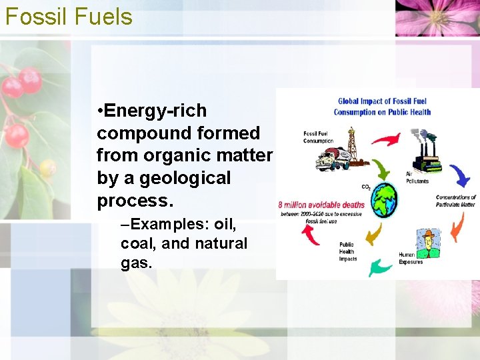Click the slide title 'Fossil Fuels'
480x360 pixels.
point(69,16)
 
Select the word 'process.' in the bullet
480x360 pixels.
point(131,201)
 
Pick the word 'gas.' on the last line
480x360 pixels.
point(137,263)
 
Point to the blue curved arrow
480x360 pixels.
point(459,175)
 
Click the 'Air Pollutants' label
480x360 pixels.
point(417,177)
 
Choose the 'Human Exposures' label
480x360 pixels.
point(411,258)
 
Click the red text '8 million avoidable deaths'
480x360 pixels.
point(321,205)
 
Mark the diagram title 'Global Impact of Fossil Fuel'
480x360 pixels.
point(382,101)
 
